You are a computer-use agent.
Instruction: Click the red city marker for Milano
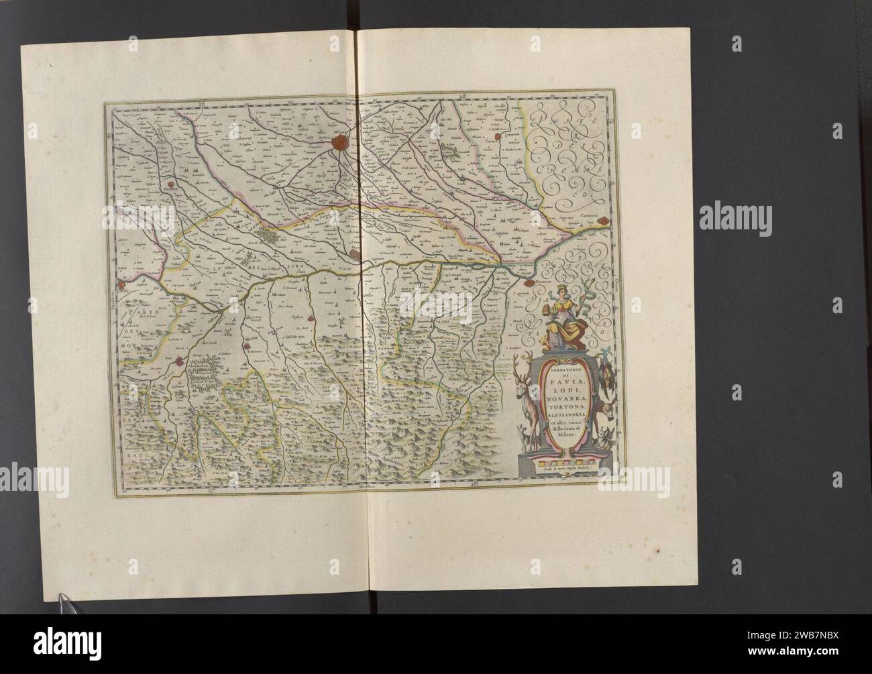[342, 142]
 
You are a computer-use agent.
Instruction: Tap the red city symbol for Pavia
[356, 253]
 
